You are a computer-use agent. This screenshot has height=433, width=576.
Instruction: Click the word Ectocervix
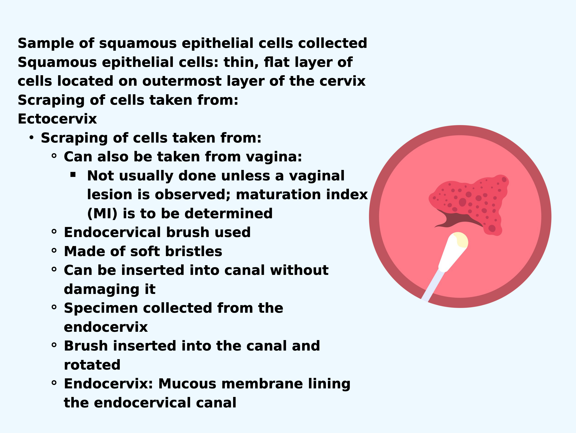coord(57,119)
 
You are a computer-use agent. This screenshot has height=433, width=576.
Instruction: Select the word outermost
coord(182,81)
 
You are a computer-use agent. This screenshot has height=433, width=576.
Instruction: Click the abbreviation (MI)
coord(102,214)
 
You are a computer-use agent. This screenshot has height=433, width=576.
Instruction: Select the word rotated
coord(92,365)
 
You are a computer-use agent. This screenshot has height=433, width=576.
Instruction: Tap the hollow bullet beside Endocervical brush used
coord(54,231)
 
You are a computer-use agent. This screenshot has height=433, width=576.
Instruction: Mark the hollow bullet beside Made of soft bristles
coord(54,250)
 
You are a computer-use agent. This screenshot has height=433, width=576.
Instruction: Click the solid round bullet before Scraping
coord(32,137)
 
